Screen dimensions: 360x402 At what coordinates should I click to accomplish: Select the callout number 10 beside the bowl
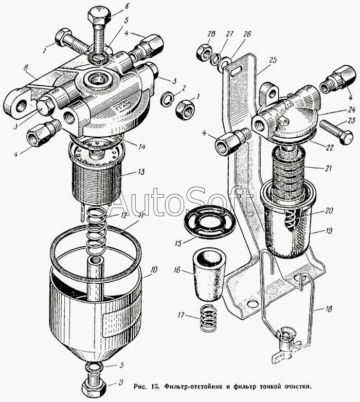tap(154, 269)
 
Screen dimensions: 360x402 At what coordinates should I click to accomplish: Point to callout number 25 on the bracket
tap(273, 61)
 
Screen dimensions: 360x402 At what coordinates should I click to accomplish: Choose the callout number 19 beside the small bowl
tap(329, 231)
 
